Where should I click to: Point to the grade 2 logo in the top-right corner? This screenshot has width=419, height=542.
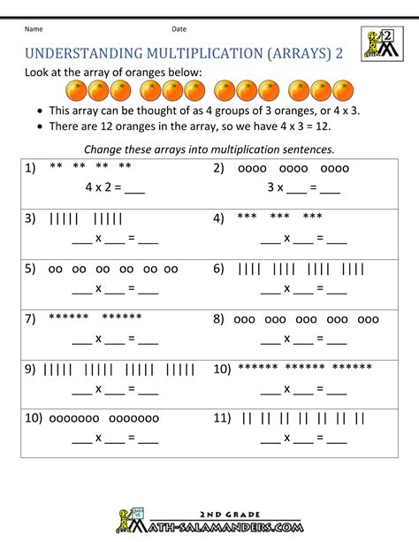(x=381, y=44)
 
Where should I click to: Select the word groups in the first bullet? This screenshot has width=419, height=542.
(x=233, y=111)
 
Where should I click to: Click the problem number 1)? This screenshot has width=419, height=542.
(x=33, y=168)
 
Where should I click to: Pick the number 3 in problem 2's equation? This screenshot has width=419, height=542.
(x=270, y=187)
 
